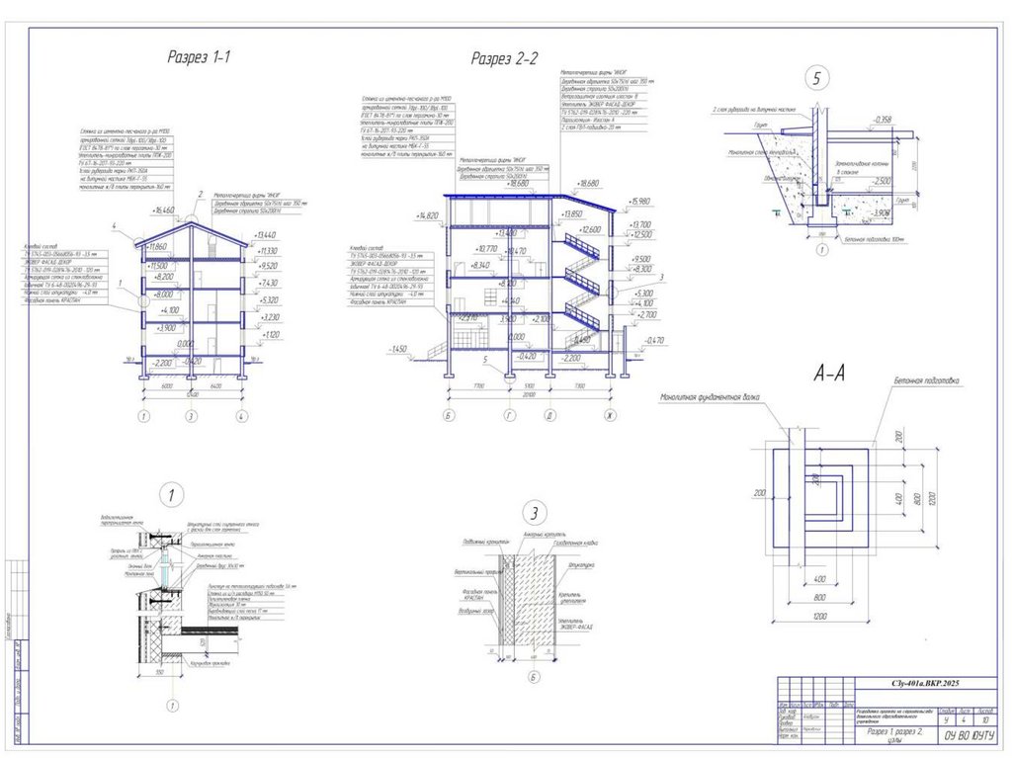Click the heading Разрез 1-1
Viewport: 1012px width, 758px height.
click(x=198, y=57)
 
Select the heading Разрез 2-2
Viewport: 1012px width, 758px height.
click(x=504, y=58)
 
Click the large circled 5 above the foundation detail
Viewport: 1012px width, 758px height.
click(x=815, y=79)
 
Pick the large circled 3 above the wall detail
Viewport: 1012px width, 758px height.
click(x=535, y=513)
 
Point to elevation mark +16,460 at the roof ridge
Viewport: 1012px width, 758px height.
click(x=164, y=211)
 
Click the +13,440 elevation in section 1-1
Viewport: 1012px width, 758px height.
click(x=266, y=235)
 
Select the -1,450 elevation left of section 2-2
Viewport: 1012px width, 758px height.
click(x=399, y=350)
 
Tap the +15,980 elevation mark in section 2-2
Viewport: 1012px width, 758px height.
click(x=641, y=202)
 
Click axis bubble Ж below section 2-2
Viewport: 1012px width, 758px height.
click(x=611, y=414)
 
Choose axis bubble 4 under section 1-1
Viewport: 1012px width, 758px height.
click(x=241, y=416)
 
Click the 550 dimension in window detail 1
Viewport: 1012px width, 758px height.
click(x=158, y=671)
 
